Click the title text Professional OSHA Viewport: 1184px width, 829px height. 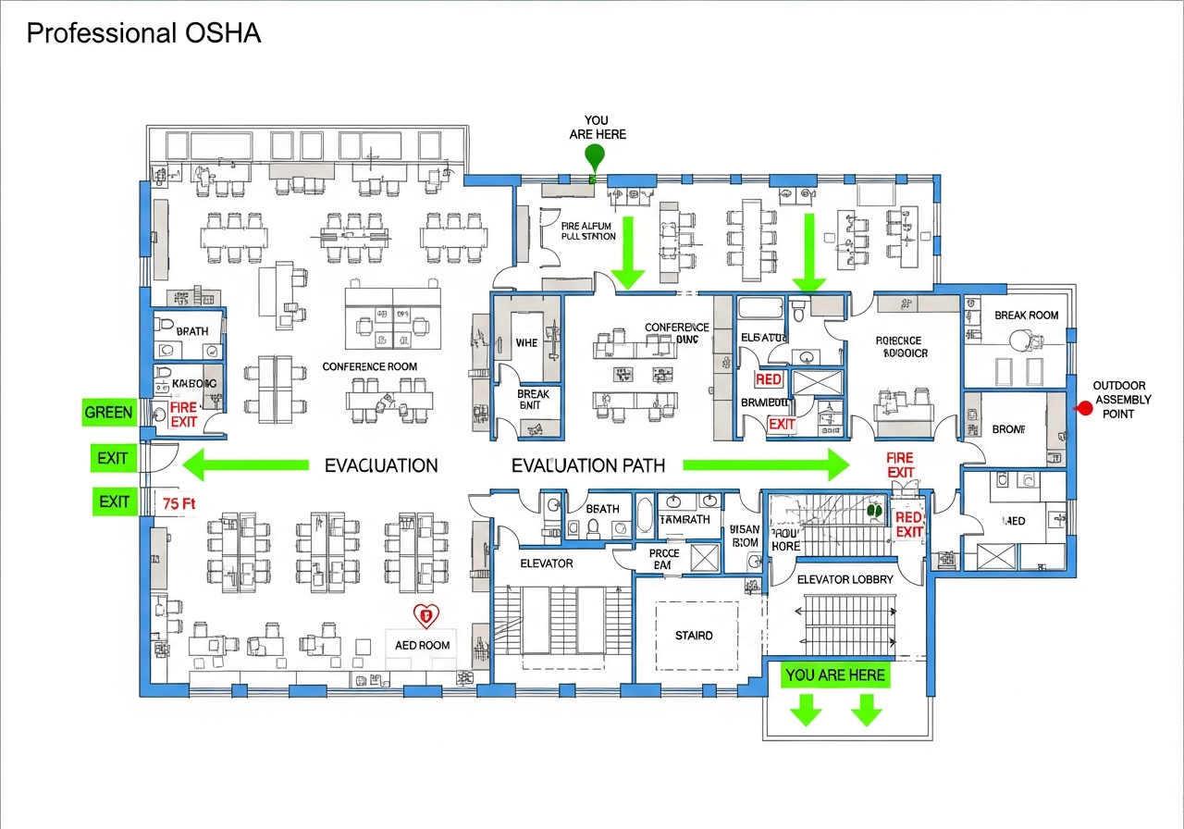coord(143,34)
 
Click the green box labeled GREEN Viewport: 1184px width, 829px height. coord(108,413)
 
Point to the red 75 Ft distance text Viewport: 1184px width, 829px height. coord(178,504)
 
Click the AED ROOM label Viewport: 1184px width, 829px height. coord(422,645)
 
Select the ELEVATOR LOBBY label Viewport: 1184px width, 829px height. coord(845,580)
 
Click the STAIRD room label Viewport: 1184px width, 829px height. coord(694,636)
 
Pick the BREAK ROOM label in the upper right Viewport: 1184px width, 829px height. coord(1026,316)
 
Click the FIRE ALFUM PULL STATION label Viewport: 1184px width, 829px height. coord(588,230)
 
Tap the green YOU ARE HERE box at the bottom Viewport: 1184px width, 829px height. coord(834,675)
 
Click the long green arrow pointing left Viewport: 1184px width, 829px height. coord(245,464)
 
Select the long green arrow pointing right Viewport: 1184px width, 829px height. coord(766,464)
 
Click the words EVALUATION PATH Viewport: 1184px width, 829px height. coord(588,465)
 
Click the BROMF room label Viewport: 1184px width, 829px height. coord(1008,429)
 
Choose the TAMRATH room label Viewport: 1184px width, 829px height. coord(684,519)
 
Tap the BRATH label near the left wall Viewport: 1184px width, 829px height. coord(192,331)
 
